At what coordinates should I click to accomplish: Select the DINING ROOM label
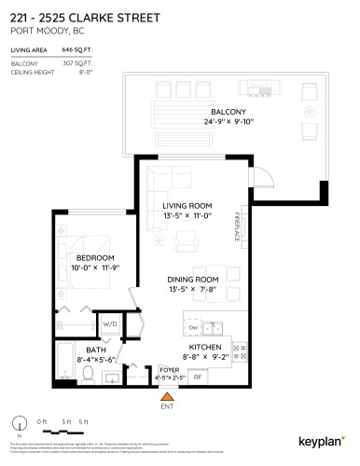(192, 280)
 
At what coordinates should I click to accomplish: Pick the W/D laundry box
(108, 325)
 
